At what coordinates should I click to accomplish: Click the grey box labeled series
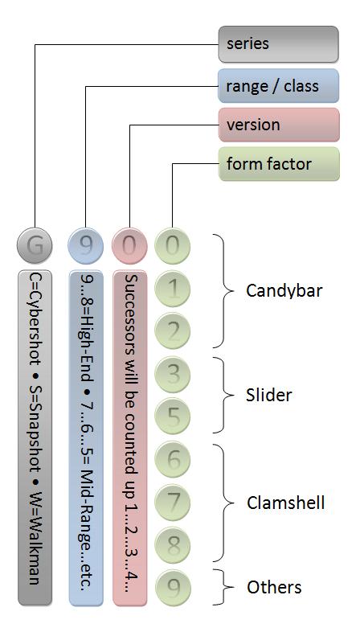pyautogui.click(x=278, y=44)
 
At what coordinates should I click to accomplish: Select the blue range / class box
pyautogui.click(x=278, y=86)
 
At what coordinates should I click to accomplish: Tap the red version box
pyautogui.click(x=279, y=125)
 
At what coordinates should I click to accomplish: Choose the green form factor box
pyautogui.click(x=279, y=164)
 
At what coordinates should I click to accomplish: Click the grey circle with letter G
pyautogui.click(x=35, y=245)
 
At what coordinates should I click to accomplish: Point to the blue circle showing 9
pyautogui.click(x=86, y=245)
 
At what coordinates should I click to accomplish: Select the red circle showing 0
pyautogui.click(x=129, y=245)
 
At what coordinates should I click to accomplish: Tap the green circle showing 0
pyautogui.click(x=173, y=245)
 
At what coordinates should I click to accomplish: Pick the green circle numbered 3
pyautogui.click(x=173, y=374)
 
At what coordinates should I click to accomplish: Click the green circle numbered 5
pyautogui.click(x=173, y=417)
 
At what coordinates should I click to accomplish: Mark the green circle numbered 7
pyautogui.click(x=173, y=502)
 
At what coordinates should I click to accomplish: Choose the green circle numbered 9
pyautogui.click(x=173, y=587)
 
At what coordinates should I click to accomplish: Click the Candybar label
pyautogui.click(x=284, y=291)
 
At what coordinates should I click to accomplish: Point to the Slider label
pyautogui.click(x=268, y=396)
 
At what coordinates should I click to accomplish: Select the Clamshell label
pyautogui.click(x=285, y=503)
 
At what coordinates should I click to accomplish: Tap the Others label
pyautogui.click(x=274, y=587)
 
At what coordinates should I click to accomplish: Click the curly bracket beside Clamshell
pyautogui.click(x=223, y=503)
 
